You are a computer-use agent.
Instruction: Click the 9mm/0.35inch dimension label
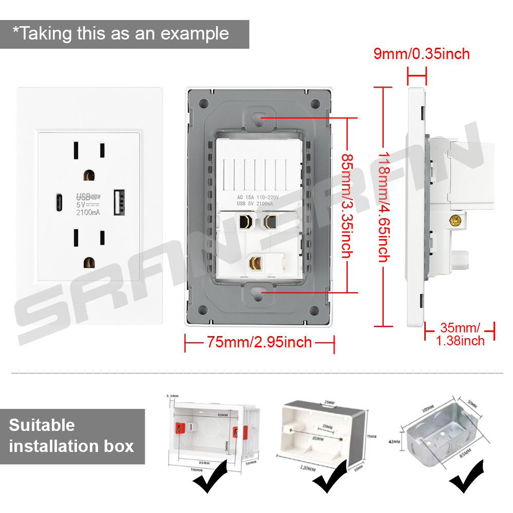point(421,53)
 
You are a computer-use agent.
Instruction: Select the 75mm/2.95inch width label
point(259,342)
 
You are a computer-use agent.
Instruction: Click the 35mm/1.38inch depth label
point(460,334)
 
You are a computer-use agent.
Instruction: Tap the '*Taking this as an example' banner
point(121,34)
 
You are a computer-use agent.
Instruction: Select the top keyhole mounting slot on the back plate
point(259,116)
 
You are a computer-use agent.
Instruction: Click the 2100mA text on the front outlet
point(88,213)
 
